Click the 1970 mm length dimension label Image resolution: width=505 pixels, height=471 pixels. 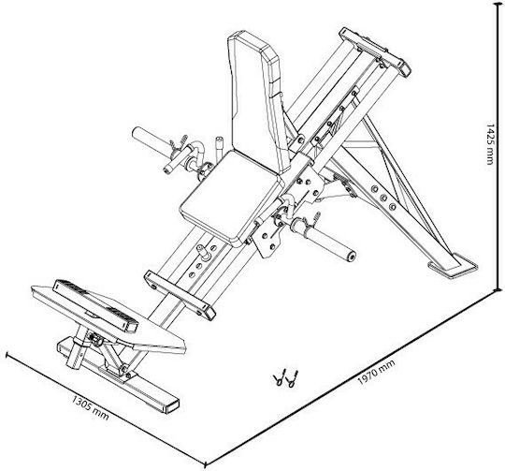pyautogui.click(x=376, y=372)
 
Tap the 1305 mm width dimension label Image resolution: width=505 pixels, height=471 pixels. pyautogui.click(x=90, y=407)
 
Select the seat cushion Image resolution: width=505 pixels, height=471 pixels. pyautogui.click(x=230, y=197)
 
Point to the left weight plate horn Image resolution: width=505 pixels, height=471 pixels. pyautogui.click(x=151, y=140)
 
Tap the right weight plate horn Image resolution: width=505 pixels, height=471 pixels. pyautogui.click(x=325, y=238)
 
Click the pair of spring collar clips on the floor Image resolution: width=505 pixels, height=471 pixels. pyautogui.click(x=286, y=378)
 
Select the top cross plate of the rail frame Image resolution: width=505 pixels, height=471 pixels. pyautogui.click(x=375, y=52)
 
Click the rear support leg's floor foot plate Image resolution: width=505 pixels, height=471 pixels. pyautogui.click(x=453, y=265)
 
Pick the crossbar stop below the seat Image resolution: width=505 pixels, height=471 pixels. pyautogui.click(x=180, y=296)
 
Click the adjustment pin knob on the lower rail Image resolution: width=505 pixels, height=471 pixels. pyautogui.click(x=203, y=251)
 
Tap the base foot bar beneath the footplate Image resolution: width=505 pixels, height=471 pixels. pyautogui.click(x=119, y=375)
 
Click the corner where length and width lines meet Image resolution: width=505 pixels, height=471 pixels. pyautogui.click(x=206, y=464)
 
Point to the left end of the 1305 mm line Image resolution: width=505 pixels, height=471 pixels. pyautogui.click(x=7, y=355)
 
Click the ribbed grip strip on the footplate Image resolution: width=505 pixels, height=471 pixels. pyautogui.click(x=95, y=305)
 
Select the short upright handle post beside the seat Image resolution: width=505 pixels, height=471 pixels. pyautogui.click(x=219, y=150)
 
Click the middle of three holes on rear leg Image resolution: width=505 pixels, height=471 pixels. pyautogui.click(x=383, y=198)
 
